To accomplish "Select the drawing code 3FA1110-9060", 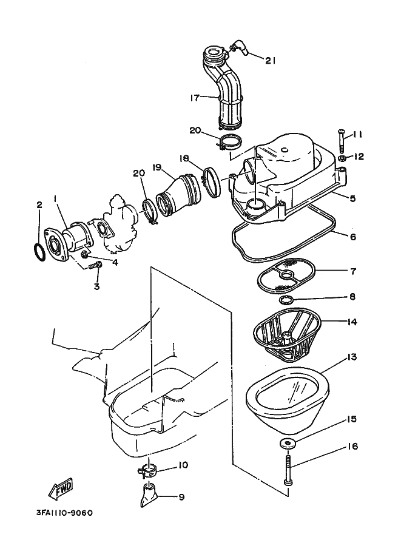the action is tap(64, 512).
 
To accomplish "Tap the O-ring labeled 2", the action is tap(39, 251).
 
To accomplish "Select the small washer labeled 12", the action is tap(342, 158).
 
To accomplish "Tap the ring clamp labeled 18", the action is tap(212, 182).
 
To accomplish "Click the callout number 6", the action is tap(353, 237).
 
